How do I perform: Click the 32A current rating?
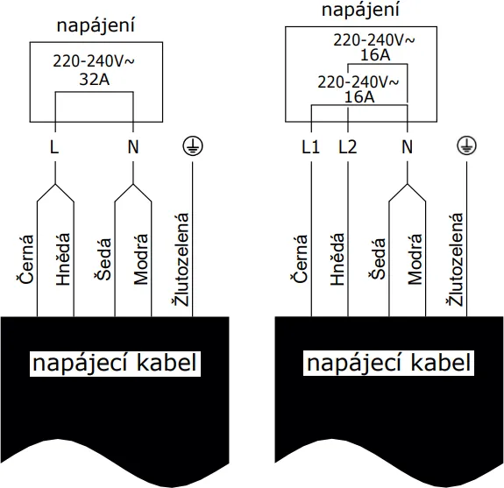95,80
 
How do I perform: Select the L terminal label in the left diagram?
55,147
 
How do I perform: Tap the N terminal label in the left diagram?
133,147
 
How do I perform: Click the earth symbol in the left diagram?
190,146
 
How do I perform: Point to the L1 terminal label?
310,147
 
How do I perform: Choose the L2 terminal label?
348,147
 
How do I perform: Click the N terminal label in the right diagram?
407,147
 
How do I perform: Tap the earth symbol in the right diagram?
465,146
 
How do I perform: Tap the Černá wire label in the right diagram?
301,258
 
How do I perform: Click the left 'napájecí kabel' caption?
114,363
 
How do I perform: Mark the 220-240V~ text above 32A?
95,62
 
